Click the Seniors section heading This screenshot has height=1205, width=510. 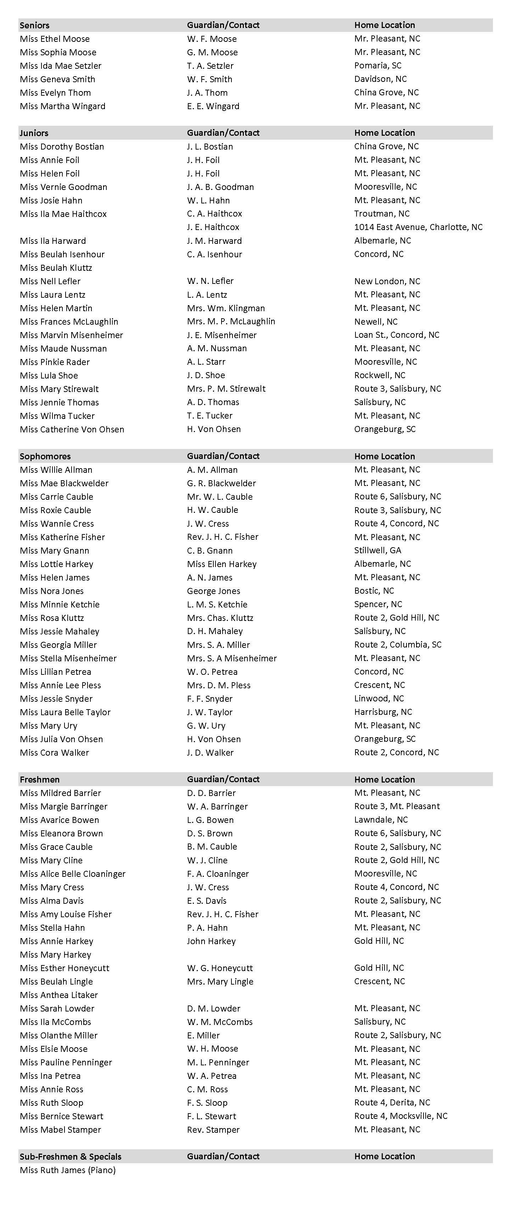[35, 25]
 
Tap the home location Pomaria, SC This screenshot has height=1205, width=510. [377, 66]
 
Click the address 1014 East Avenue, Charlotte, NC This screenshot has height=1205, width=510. [418, 227]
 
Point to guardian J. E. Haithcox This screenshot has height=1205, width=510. [213, 227]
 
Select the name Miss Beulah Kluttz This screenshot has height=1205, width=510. [56, 268]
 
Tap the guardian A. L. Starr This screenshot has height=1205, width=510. [206, 362]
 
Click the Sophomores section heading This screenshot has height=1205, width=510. [45, 456]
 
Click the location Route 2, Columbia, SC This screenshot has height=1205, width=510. [397, 645]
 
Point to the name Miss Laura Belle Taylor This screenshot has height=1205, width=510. [65, 712]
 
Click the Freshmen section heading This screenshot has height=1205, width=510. [39, 780]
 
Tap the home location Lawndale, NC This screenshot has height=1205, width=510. [381, 820]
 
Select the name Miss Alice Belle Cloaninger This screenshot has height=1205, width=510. [73, 874]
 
